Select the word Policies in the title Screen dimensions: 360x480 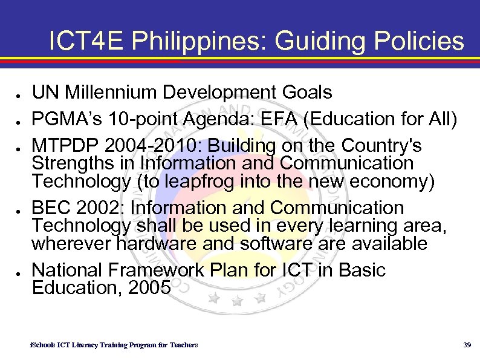[420, 41]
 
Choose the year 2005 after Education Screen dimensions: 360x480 [148, 287]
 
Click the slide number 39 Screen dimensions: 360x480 [466, 345]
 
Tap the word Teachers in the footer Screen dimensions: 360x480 [183, 345]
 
